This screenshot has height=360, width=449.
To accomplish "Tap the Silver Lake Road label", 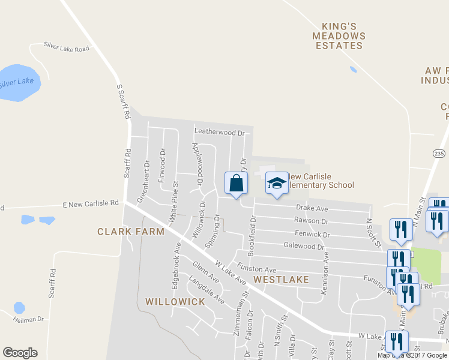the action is (66, 47).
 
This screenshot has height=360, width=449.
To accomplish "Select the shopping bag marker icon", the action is (236, 184).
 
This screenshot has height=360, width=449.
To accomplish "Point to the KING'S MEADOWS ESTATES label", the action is (340, 36).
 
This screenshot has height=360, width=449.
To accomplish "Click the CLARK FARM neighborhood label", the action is (131, 232).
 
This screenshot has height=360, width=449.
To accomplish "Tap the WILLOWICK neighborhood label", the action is (175, 301).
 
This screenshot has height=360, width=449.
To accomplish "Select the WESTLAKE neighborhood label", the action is (281, 280).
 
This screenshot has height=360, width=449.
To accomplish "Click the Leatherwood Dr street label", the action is (220, 132).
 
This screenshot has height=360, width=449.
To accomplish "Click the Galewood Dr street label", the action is (304, 247).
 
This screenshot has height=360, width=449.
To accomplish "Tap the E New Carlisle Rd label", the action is (91, 204).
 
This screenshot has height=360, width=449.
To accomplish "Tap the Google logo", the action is (20, 353).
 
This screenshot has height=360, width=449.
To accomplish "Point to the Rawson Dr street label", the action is (312, 221).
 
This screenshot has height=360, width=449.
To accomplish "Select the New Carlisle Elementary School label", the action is (321, 181).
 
